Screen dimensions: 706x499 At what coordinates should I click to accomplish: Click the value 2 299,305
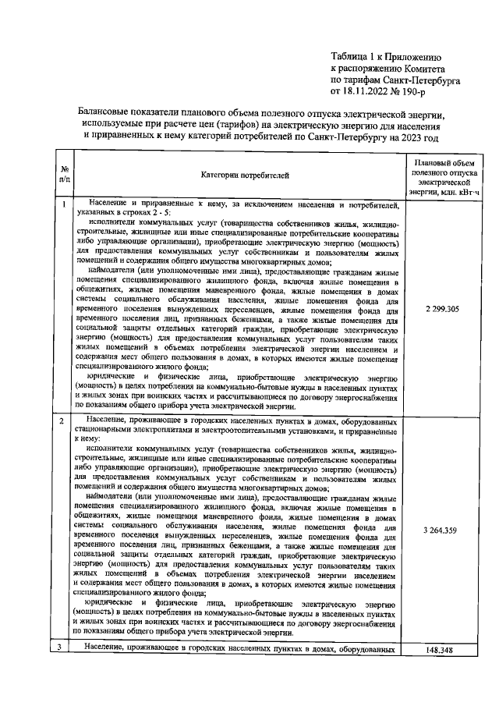tap(442, 310)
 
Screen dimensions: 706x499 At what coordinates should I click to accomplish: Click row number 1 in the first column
tap(64, 204)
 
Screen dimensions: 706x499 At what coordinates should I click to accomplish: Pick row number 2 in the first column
tap(64, 421)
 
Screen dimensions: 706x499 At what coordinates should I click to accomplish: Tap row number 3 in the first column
tap(64, 649)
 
